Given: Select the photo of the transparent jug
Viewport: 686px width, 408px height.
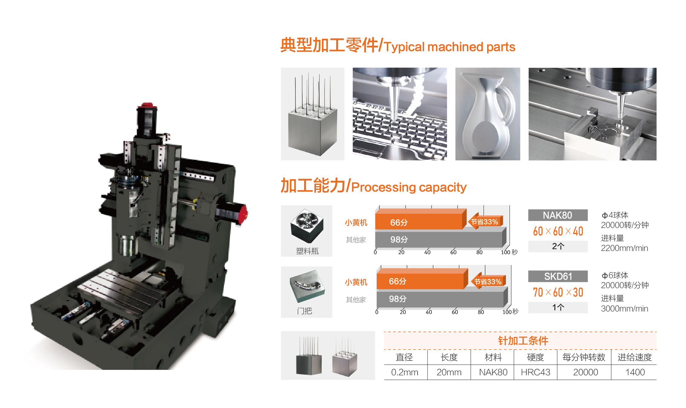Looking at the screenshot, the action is (487, 114).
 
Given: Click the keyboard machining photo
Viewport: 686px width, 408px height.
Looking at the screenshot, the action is (399, 114).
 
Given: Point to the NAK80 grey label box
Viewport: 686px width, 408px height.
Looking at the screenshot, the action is (558, 215).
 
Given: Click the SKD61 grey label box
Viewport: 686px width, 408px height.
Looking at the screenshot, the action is (558, 276).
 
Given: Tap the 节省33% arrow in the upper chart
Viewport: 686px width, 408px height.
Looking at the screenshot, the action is (485, 222).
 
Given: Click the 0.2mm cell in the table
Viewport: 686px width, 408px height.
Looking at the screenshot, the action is (405, 372).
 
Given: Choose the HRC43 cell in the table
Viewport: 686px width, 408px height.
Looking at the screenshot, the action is (535, 372).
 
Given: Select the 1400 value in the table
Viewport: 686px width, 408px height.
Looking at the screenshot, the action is (635, 372).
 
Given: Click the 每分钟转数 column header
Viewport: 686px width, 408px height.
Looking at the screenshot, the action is (584, 357).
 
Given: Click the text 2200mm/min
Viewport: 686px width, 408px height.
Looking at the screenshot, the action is (624, 248).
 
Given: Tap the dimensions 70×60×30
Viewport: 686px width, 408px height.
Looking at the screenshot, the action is (558, 292).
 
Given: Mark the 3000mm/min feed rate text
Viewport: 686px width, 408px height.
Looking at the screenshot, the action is (624, 309).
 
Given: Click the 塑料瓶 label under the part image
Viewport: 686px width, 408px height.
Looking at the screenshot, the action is (307, 251).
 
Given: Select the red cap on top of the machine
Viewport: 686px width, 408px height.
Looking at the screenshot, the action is (147, 105).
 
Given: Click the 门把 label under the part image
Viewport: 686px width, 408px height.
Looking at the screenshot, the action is (304, 311).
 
